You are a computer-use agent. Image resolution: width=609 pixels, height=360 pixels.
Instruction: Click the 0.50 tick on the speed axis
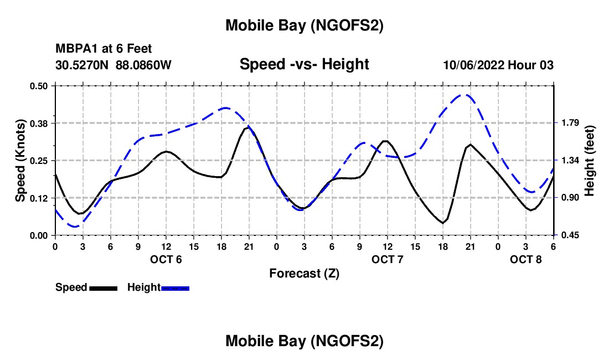tap(40, 86)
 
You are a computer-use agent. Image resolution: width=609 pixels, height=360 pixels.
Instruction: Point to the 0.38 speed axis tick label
tap(40, 123)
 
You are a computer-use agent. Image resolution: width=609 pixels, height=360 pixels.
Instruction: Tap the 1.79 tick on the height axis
tap(567, 123)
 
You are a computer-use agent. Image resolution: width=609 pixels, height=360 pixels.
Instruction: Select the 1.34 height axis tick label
tap(567, 161)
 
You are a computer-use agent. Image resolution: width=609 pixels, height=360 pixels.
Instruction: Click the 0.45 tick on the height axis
tap(567, 235)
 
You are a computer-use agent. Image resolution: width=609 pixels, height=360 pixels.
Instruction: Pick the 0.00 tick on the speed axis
tap(40, 235)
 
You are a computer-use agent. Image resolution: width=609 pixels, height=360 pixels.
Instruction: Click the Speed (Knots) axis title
tap(20, 161)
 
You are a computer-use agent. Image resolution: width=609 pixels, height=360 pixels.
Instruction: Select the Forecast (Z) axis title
tap(304, 274)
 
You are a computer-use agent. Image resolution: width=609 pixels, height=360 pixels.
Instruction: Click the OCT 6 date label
tap(166, 259)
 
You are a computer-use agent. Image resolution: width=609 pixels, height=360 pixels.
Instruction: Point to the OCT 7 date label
tap(388, 259)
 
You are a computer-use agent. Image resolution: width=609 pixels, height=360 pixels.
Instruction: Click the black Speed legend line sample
tap(103, 288)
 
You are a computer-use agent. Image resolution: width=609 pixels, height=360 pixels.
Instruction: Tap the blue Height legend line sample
tap(175, 288)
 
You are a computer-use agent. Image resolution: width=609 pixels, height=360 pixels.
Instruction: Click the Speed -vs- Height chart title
tap(304, 64)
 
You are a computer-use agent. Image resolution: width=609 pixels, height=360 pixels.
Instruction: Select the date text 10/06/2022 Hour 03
tap(498, 65)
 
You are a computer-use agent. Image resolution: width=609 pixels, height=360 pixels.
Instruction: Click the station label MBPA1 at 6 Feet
tap(104, 49)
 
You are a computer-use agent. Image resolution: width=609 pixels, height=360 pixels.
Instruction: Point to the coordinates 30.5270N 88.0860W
tap(113, 65)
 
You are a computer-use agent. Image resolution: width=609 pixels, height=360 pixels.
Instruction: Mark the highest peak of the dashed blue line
tap(466, 95)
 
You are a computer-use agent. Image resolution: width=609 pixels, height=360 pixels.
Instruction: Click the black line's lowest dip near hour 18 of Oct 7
tap(443, 223)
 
